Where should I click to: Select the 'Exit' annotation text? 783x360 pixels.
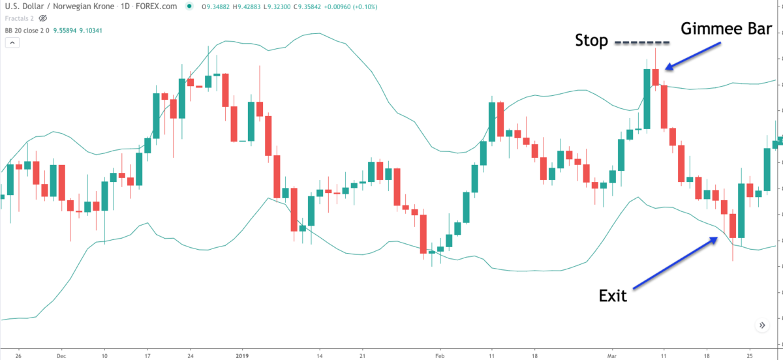coord(613,295)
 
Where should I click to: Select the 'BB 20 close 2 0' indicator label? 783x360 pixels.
coord(27,30)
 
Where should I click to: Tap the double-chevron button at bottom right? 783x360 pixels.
coord(761,325)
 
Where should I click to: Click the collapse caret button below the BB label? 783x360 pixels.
coord(13,43)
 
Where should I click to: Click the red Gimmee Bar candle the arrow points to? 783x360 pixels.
coord(656,76)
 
